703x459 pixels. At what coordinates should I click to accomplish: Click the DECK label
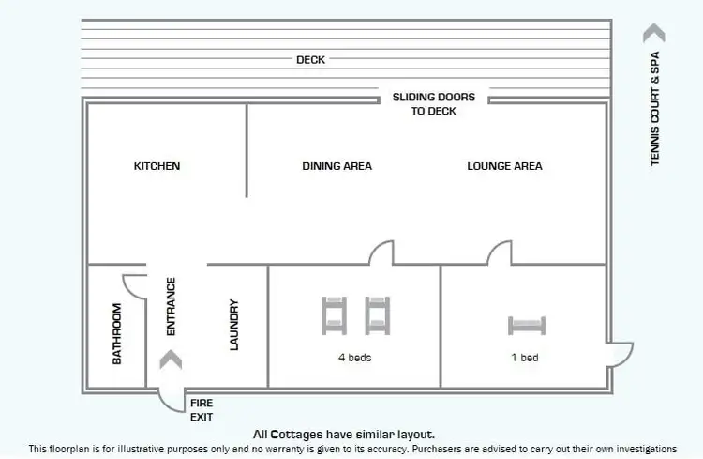(310, 60)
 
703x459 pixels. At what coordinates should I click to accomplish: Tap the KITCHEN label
(157, 166)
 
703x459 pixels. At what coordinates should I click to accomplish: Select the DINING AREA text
(337, 166)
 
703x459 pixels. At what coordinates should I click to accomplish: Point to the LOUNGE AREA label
(505, 166)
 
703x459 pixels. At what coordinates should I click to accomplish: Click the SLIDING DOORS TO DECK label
(434, 104)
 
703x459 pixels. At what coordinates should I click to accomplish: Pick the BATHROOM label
(116, 334)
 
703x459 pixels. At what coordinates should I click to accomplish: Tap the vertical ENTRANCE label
(171, 306)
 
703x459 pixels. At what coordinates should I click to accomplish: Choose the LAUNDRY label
(233, 325)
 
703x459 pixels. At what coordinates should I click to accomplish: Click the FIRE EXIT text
(202, 410)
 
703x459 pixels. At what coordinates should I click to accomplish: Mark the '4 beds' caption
(354, 358)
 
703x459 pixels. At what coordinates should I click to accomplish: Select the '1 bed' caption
(525, 358)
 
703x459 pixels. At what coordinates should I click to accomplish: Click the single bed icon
(527, 326)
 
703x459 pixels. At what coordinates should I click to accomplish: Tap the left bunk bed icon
(334, 315)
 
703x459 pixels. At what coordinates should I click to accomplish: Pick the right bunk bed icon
(378, 315)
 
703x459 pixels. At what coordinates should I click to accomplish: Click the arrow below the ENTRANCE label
(171, 360)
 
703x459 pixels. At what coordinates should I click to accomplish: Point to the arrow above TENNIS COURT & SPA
(654, 33)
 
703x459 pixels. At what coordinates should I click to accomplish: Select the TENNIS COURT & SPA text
(654, 109)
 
